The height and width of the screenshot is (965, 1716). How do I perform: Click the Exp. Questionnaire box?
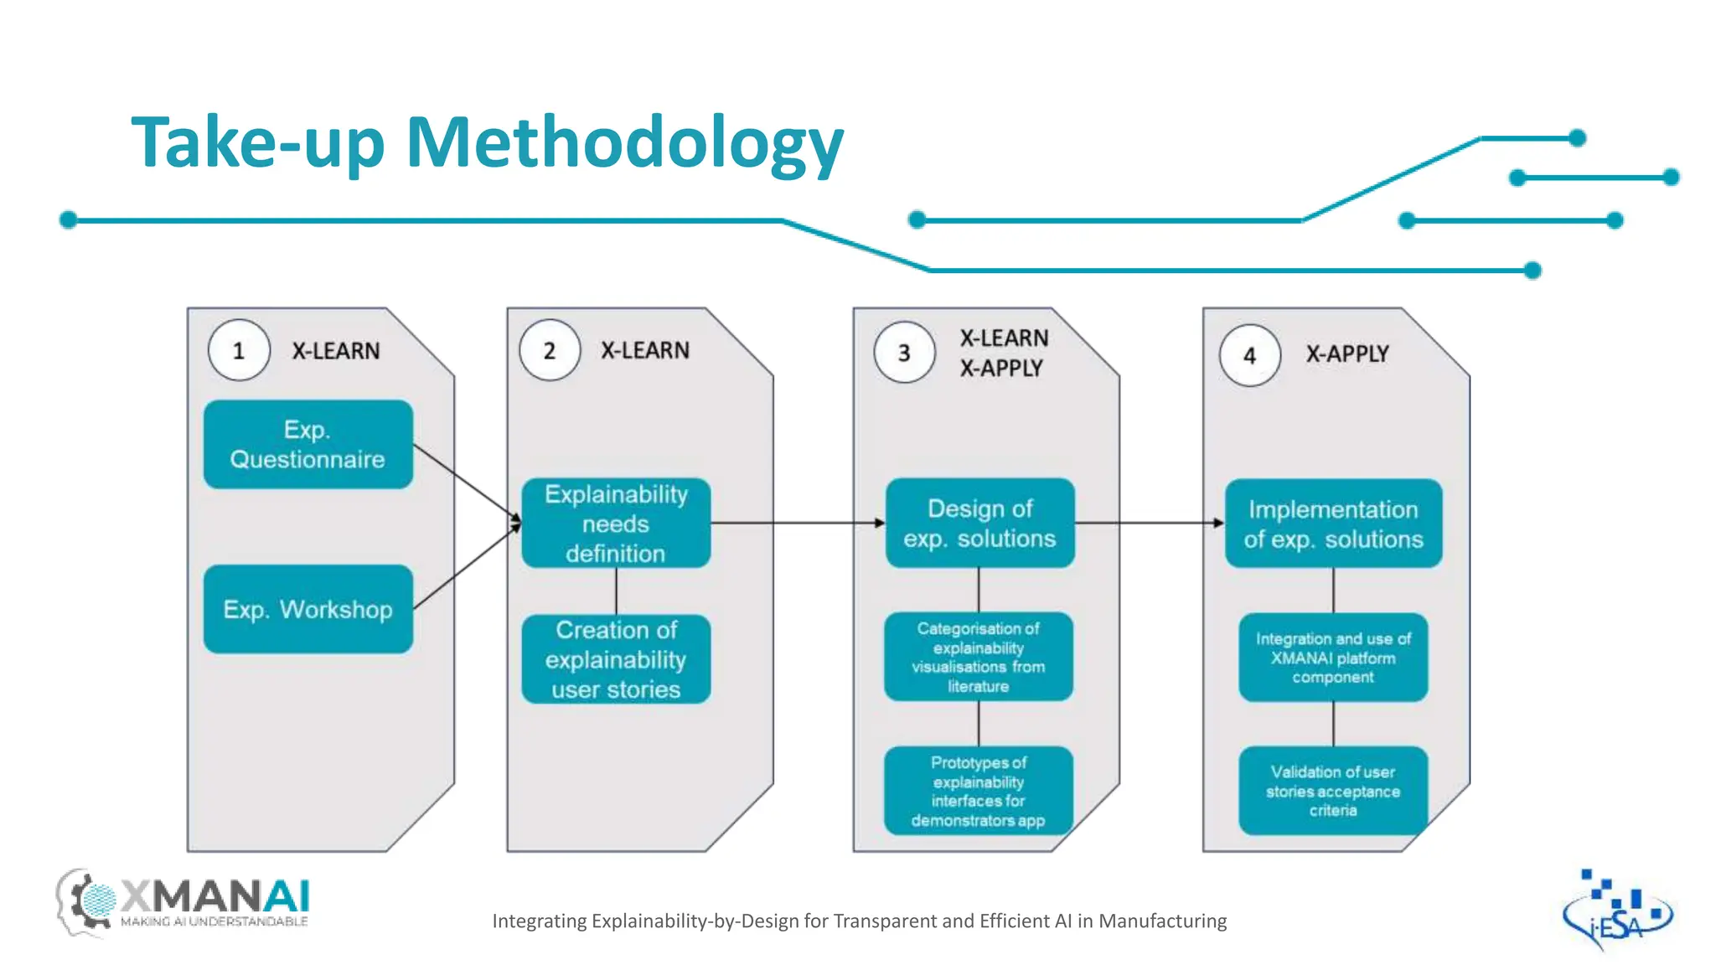(x=308, y=444)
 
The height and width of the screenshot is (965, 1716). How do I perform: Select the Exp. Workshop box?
(x=308, y=609)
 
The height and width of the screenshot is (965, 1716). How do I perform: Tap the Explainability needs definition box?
(x=616, y=524)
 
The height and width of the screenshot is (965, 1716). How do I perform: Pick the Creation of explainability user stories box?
(x=616, y=659)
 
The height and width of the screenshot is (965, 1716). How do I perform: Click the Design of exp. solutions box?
(x=979, y=524)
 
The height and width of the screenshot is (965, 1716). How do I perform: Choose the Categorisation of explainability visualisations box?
(x=979, y=657)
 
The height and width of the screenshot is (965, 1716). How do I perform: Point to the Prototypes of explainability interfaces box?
(x=979, y=791)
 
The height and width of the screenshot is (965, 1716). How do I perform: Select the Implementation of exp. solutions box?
(x=1333, y=524)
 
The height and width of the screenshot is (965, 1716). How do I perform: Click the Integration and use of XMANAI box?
(x=1333, y=658)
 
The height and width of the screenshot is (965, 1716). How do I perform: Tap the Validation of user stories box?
(x=1333, y=791)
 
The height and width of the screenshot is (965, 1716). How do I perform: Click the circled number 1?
(x=239, y=350)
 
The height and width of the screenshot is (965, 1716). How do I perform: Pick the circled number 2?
(x=550, y=350)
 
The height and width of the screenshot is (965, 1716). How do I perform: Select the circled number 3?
(x=904, y=353)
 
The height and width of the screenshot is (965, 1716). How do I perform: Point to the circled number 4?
(x=1249, y=355)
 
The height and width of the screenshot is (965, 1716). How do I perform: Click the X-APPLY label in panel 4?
(x=1347, y=354)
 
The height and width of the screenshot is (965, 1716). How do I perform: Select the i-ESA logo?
(x=1616, y=911)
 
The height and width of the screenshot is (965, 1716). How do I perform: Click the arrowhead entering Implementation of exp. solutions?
(x=1219, y=524)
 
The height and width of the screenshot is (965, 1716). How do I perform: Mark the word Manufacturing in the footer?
(x=1162, y=921)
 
